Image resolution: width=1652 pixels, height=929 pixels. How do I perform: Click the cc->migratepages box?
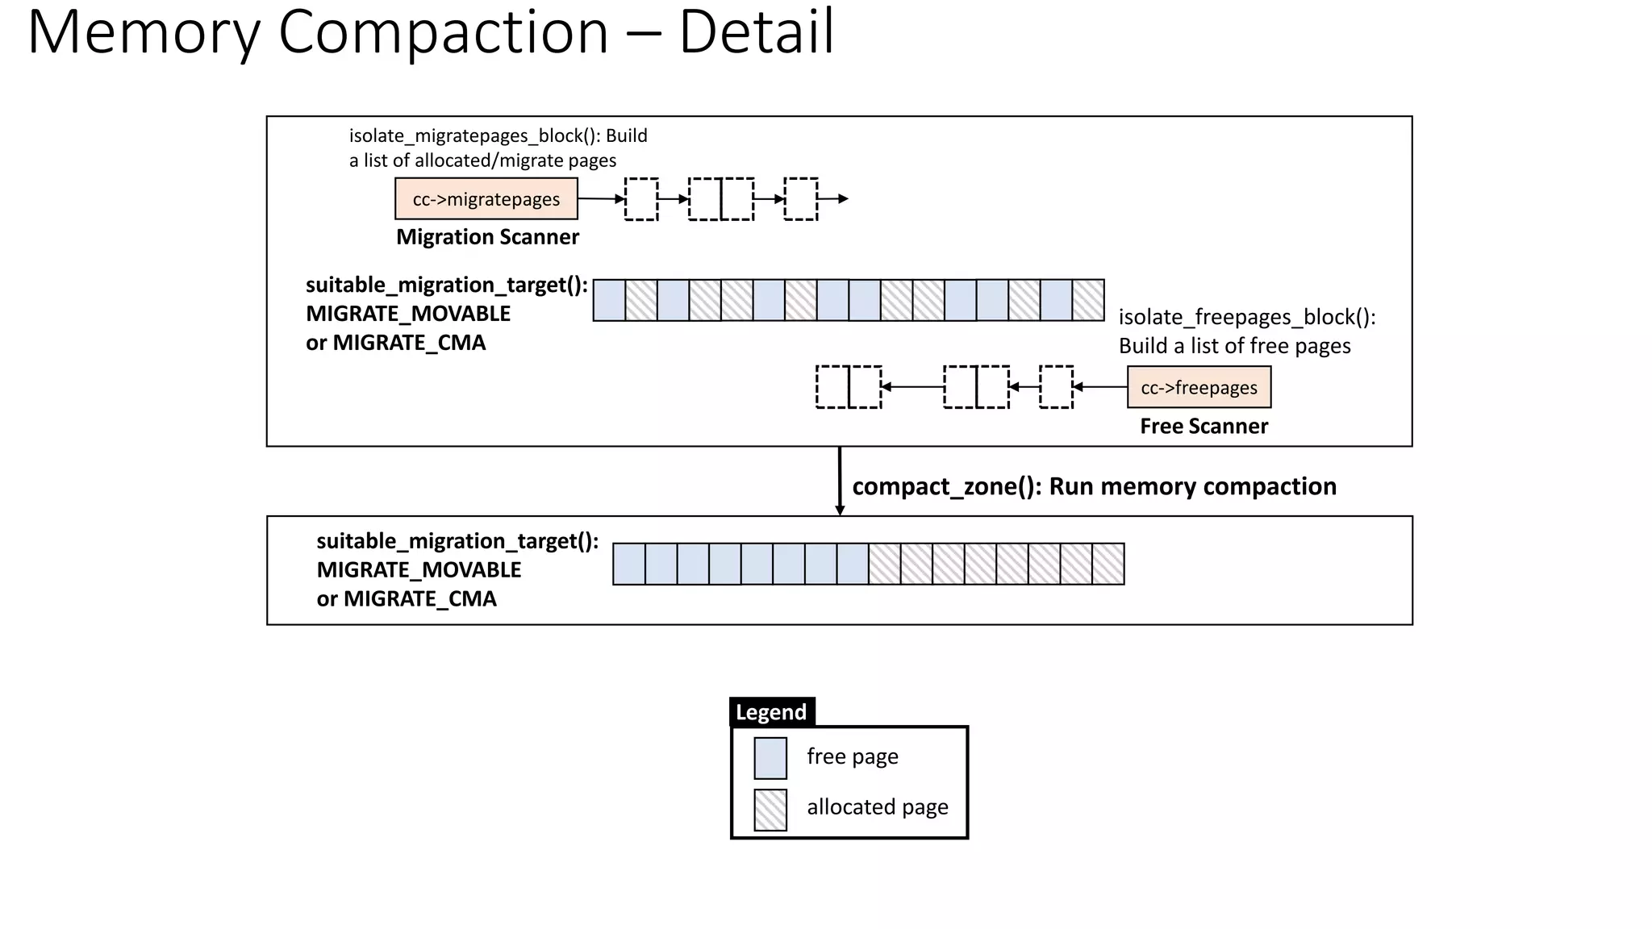pos(486,199)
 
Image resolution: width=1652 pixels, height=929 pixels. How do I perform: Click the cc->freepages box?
pos(1199,387)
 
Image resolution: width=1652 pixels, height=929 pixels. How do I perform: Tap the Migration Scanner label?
pos(487,237)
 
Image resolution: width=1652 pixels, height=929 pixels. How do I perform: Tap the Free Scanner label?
pos(1204,426)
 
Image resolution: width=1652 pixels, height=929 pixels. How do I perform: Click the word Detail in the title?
pos(756,32)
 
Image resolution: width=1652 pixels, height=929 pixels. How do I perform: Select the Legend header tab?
pos(771,712)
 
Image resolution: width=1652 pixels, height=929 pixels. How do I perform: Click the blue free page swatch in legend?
pos(770,758)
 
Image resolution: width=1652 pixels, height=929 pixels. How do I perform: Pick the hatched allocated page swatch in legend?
pos(770,810)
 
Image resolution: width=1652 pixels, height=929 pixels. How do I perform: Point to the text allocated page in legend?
pos(877,807)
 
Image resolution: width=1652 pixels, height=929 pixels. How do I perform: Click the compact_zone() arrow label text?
pos(1094,486)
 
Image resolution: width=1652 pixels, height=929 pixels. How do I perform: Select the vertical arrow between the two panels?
pos(840,480)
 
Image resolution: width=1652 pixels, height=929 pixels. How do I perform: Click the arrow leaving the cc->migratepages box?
pos(601,198)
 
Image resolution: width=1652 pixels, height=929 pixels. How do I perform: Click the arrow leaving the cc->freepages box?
pos(1100,387)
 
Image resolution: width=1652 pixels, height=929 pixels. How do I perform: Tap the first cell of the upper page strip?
pos(609,300)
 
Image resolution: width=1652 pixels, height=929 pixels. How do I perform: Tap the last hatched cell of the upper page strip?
pos(1088,300)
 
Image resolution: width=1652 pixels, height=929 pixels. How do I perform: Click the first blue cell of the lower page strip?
pos(629,564)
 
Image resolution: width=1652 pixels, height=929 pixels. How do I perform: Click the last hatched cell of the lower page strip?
pos(1108,564)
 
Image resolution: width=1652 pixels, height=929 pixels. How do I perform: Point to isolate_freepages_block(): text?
pos(1246,317)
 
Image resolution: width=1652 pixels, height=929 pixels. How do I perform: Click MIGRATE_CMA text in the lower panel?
pos(419,599)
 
